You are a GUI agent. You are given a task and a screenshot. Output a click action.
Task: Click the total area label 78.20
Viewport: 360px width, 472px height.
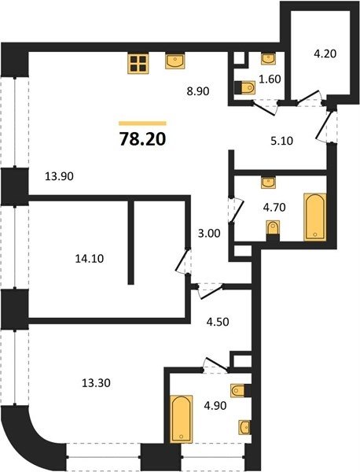(x=142, y=139)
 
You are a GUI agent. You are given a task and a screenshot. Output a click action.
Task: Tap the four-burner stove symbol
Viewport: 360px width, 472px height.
(x=138, y=64)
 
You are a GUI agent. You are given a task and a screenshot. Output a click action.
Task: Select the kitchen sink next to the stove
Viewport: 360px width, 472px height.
(x=175, y=61)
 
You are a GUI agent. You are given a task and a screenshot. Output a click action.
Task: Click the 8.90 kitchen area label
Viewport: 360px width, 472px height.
(x=198, y=91)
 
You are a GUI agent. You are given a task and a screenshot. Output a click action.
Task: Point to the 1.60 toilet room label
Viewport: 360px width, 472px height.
(x=270, y=79)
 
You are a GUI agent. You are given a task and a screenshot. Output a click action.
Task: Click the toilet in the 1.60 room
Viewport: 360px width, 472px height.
(x=244, y=87)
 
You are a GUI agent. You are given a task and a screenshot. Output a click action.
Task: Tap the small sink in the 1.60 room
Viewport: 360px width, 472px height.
(x=268, y=59)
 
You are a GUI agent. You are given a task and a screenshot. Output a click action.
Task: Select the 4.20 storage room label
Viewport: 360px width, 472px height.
(x=325, y=53)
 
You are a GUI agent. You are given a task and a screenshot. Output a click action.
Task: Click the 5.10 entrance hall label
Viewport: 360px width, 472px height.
(x=282, y=141)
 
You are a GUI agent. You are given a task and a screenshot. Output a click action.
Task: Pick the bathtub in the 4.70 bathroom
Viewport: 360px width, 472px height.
(x=315, y=217)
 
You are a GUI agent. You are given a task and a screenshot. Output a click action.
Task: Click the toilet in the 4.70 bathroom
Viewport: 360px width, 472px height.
(x=273, y=230)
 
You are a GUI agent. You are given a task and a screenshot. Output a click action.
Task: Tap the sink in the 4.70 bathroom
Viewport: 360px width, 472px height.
(x=268, y=183)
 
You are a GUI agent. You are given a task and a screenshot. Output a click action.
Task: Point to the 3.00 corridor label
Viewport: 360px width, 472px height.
(x=209, y=234)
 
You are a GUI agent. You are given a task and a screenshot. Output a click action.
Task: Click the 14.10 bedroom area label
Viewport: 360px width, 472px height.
(x=90, y=259)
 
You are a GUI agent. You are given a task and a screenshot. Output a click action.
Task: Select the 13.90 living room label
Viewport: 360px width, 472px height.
(x=59, y=176)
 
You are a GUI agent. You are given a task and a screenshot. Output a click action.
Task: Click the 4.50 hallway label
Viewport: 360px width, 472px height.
(x=218, y=322)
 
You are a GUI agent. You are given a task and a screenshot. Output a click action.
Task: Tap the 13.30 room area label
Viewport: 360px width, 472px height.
(x=96, y=383)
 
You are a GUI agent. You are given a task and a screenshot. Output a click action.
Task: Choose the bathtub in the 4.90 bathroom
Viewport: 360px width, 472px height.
(x=181, y=419)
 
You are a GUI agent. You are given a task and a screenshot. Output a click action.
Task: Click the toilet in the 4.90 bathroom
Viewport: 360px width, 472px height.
(x=241, y=391)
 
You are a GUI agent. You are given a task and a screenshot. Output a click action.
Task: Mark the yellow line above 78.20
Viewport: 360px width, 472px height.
(x=142, y=124)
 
